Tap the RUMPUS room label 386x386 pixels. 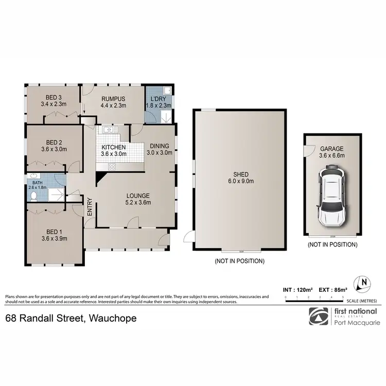114,99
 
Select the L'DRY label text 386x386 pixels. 157,99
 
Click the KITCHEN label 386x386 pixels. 114,147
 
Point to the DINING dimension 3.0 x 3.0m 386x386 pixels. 159,152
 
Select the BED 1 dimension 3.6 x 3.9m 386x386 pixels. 55,238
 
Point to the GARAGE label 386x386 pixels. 331,148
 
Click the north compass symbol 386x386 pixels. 364,282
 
